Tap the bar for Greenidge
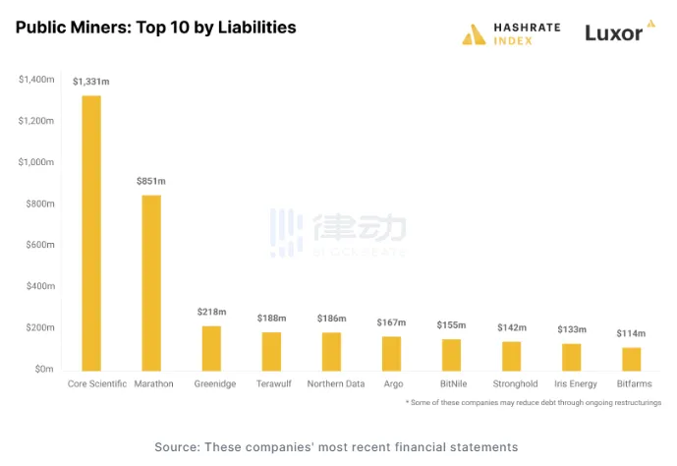click(x=211, y=347)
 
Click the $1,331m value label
click(x=90, y=82)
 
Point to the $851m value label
click(x=150, y=181)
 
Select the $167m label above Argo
click(x=391, y=322)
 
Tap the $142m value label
click(x=511, y=327)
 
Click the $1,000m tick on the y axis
click(x=35, y=162)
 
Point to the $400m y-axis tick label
click(x=38, y=286)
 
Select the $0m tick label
click(x=43, y=369)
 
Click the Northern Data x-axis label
click(x=336, y=383)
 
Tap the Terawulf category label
click(x=271, y=383)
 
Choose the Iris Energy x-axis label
click(x=571, y=383)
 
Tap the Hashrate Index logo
click(x=511, y=33)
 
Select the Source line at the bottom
click(x=336, y=447)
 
